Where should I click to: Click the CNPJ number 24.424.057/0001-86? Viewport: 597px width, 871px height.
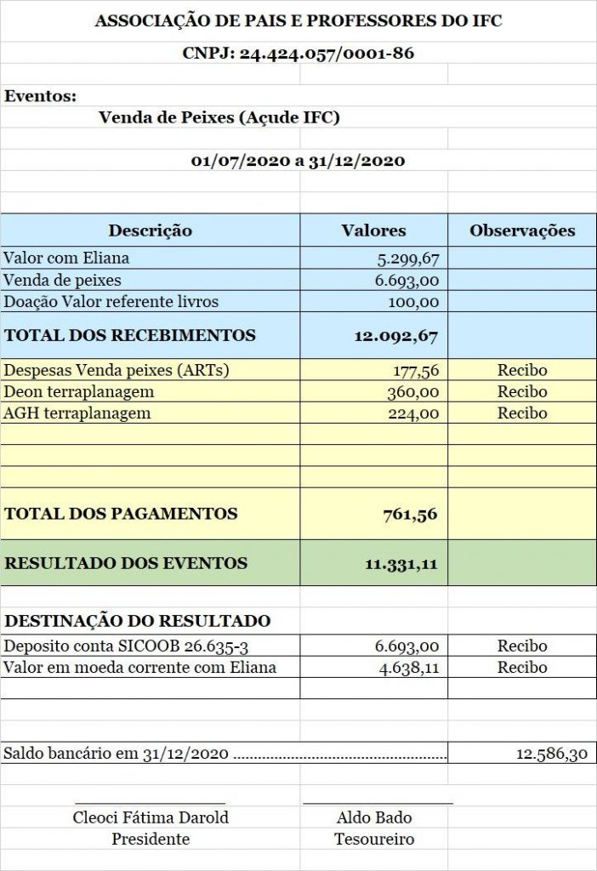coord(327,53)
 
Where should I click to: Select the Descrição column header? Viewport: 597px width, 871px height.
coord(150,231)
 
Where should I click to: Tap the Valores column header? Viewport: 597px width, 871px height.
coord(373,231)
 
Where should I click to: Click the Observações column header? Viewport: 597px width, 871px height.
coord(522,231)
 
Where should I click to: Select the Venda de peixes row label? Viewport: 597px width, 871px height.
coord(63,280)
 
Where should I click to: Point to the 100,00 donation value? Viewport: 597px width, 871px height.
coord(415,302)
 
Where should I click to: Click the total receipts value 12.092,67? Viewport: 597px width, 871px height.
coord(395,336)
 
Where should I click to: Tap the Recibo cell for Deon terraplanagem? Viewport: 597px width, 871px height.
coord(522,392)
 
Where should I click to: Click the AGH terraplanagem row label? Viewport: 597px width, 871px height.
coord(77,413)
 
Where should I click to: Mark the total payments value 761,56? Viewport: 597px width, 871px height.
coord(411,514)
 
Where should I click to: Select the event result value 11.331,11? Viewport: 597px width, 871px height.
coord(401,563)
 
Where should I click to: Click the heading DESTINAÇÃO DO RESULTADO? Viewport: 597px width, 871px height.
coord(138,621)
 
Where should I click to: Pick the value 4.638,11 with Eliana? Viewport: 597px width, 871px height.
coord(409,668)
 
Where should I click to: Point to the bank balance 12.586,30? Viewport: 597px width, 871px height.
coord(551,754)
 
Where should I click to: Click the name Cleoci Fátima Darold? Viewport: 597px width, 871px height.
coord(151,818)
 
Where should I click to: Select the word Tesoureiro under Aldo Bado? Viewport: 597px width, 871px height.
coord(374,840)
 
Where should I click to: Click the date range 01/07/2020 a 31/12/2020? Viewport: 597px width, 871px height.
coord(298,161)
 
